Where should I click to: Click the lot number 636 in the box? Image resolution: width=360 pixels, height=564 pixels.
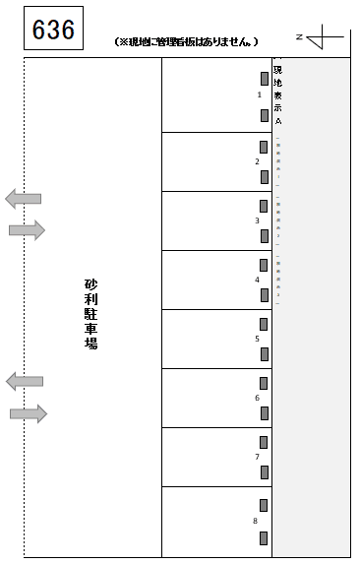[x=53, y=30]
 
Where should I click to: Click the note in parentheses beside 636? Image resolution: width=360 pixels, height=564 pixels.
[x=186, y=41]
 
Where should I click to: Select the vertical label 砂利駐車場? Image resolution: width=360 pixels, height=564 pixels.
[x=91, y=314]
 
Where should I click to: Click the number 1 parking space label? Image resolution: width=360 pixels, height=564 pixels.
[x=259, y=95]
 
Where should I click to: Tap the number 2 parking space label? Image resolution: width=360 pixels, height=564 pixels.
[x=258, y=161]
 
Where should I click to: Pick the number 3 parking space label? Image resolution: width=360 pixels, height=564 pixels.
[x=257, y=220]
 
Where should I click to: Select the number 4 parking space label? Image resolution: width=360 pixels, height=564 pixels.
[x=257, y=280]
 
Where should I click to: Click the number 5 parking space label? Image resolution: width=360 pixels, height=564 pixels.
[x=257, y=339]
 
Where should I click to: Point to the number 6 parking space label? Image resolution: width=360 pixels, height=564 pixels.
[x=257, y=398]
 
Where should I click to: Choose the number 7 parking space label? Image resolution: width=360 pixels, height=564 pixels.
[x=257, y=457]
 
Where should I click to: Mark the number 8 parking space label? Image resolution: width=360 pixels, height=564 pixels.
[x=255, y=521]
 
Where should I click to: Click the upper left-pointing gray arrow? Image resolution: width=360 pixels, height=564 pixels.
[x=24, y=198]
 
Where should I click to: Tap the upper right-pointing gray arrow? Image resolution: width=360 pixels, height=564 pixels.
[x=28, y=230]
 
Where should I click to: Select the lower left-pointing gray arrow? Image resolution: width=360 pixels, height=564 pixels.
[x=25, y=381]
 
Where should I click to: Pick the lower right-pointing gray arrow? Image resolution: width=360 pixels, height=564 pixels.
[x=29, y=413]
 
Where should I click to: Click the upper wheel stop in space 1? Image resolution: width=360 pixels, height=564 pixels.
[x=265, y=78]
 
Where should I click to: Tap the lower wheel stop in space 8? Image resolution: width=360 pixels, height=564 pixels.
[x=264, y=537]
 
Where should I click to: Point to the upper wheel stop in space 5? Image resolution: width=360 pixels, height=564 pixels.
[x=264, y=323]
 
